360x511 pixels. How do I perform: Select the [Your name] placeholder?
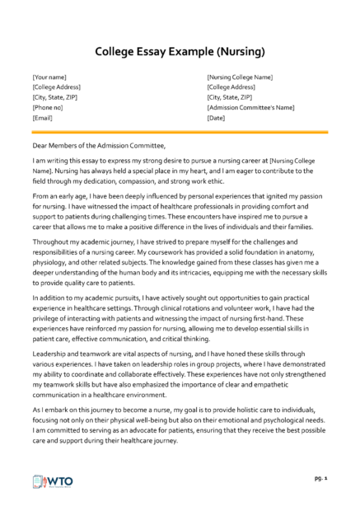point(52,77)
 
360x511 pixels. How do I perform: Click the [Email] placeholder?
point(44,117)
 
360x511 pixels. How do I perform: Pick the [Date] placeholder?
point(217,117)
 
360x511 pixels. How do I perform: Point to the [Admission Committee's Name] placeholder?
point(250,107)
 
